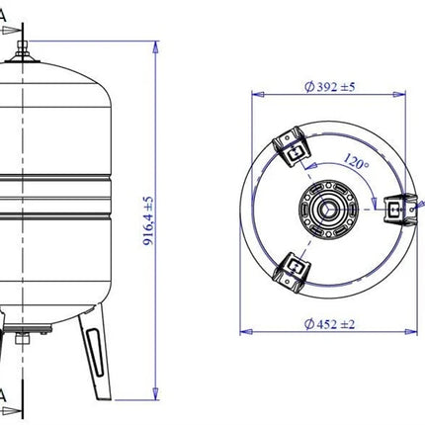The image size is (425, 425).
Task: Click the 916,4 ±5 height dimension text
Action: [148, 220]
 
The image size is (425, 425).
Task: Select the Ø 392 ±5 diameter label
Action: [329, 87]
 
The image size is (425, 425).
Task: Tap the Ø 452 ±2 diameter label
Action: [329, 324]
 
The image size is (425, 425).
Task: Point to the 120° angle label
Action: [356, 161]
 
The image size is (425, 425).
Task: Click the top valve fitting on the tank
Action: [23, 52]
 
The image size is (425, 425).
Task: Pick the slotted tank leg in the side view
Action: [96, 352]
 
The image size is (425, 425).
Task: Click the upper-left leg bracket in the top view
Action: [292, 146]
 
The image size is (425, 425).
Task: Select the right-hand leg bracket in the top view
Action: [401, 210]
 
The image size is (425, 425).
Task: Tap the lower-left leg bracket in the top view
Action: [292, 272]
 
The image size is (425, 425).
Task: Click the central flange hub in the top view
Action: [328, 209]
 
